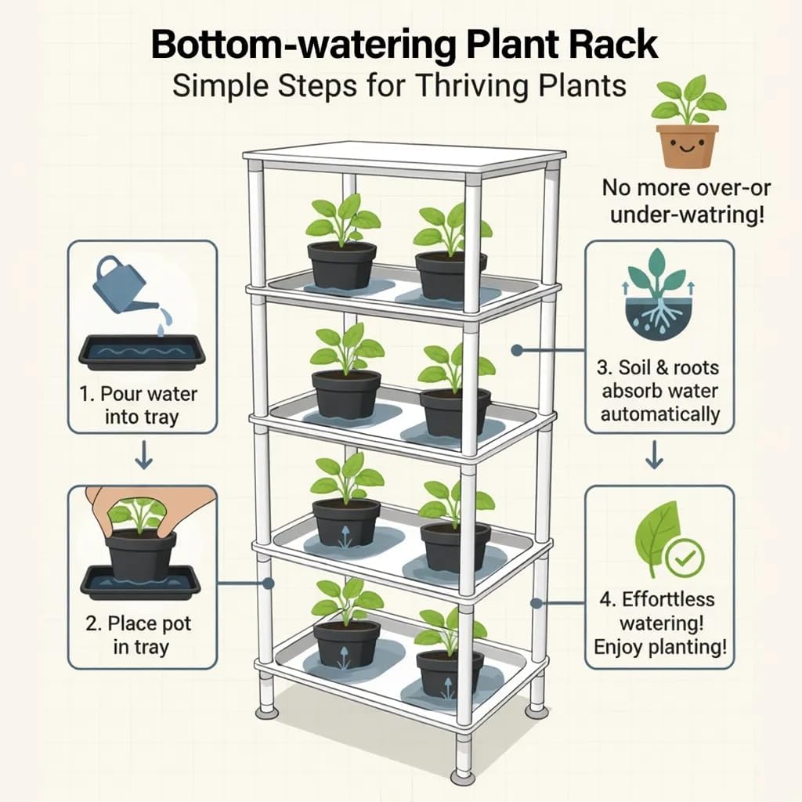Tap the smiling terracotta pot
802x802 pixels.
point(687,145)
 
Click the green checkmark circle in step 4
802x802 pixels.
point(684,558)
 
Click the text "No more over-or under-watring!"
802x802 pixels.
point(686,200)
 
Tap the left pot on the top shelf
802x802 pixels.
point(341,265)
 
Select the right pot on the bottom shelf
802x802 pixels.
point(449,670)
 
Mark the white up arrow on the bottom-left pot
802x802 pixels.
point(341,657)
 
